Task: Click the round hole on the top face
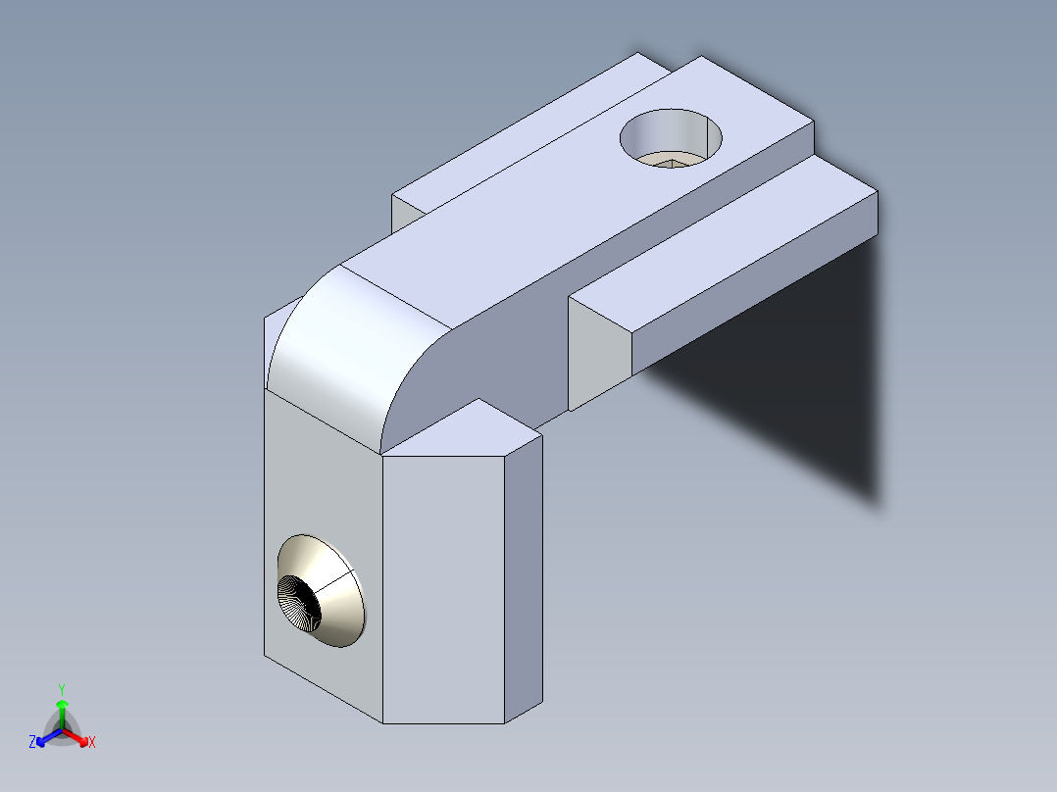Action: pyautogui.click(x=673, y=138)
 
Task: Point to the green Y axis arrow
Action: pyautogui.click(x=62, y=708)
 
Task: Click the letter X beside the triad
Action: pyautogui.click(x=91, y=743)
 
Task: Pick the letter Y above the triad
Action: pyautogui.click(x=62, y=689)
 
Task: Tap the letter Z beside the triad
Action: pyautogui.click(x=32, y=743)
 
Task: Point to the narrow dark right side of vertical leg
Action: pyautogui.click(x=524, y=578)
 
